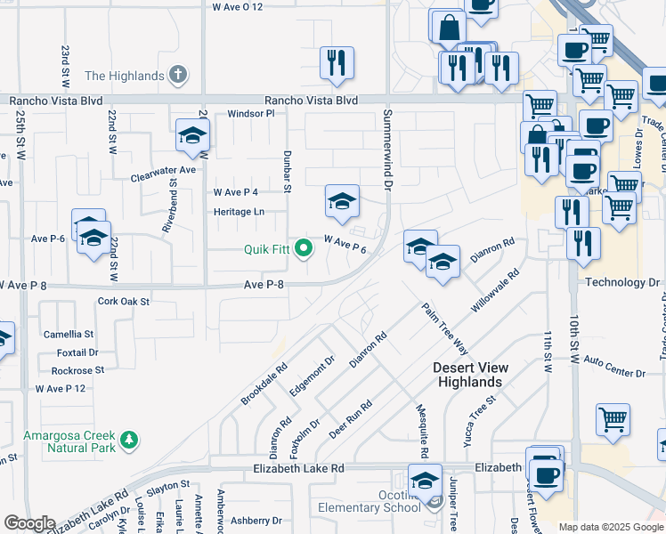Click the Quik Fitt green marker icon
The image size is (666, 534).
point(304,248)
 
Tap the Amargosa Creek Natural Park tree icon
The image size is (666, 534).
point(130,440)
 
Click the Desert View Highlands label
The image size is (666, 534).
point(471,375)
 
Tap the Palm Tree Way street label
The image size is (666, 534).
point(445,328)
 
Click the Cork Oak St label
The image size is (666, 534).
point(124,302)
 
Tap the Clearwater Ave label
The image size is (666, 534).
point(163,169)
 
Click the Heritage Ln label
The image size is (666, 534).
point(239,212)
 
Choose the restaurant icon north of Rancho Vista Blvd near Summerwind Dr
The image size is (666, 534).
point(337,62)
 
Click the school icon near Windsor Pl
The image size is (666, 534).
point(191,135)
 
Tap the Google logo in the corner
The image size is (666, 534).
point(28,523)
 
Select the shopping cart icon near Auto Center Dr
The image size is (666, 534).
point(612,419)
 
